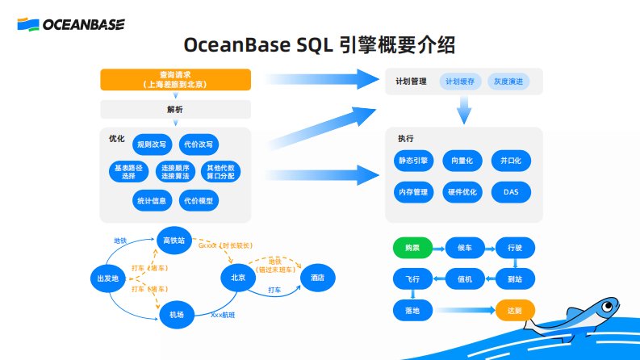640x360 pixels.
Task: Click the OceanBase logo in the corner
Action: [71, 25]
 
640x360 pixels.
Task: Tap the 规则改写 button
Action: [152, 144]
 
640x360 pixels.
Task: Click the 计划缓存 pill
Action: [461, 82]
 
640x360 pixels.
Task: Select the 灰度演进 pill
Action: [508, 82]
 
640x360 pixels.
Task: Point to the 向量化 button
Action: [462, 161]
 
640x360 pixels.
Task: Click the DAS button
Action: [510, 192]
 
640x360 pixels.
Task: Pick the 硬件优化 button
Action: [462, 192]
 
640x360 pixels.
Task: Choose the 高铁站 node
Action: [175, 241]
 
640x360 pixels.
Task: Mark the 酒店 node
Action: [317, 278]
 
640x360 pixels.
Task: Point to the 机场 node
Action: [175, 313]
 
